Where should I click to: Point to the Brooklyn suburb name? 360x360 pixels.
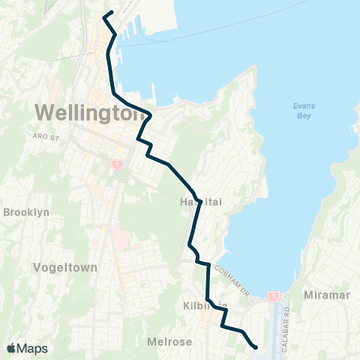pyautogui.click(x=26, y=212)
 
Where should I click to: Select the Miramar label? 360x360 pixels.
pyautogui.click(x=328, y=295)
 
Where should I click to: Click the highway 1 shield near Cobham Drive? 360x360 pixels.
pyautogui.click(x=274, y=296)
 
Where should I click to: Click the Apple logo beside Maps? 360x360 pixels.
pyautogui.click(x=11, y=348)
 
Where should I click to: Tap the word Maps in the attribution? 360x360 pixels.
pyautogui.click(x=33, y=348)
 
